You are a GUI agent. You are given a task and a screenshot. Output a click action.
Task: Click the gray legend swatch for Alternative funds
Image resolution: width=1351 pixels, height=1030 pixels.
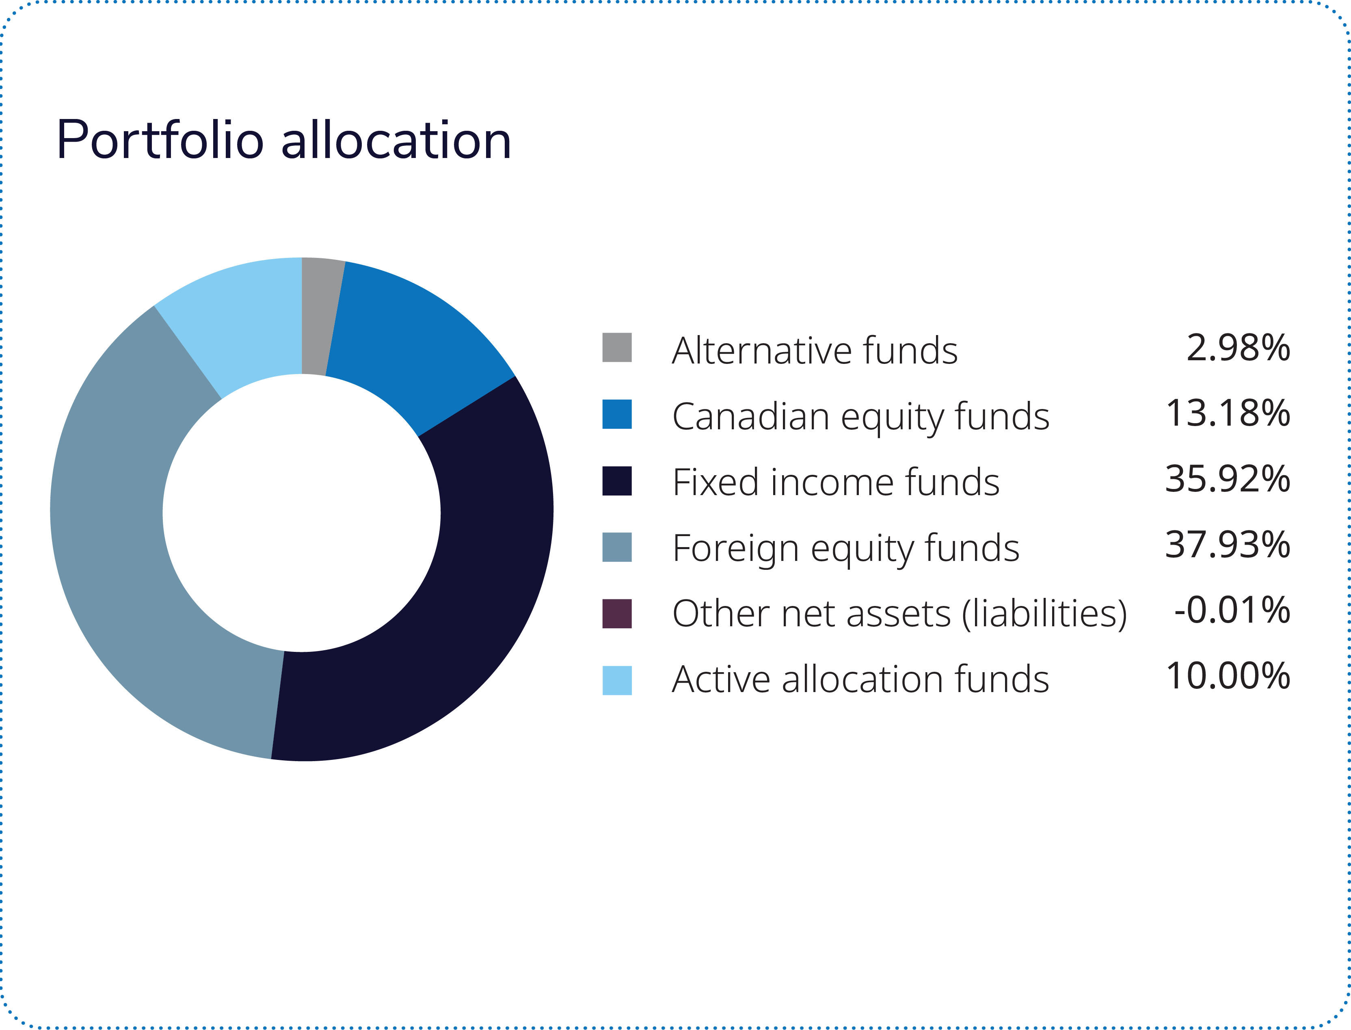pos(617,348)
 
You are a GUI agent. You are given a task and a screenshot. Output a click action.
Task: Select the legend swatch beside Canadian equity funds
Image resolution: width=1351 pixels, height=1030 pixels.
pos(617,414)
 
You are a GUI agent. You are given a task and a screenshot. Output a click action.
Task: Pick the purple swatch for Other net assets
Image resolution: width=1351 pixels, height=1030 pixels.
pos(617,614)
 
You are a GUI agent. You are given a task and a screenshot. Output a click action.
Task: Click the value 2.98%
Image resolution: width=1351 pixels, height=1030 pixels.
pos(1238,348)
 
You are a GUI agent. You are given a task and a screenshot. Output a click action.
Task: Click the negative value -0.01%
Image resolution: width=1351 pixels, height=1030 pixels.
pos(1232,610)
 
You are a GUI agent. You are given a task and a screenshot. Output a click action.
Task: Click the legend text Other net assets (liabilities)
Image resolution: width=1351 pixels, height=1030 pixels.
pos(899,614)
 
